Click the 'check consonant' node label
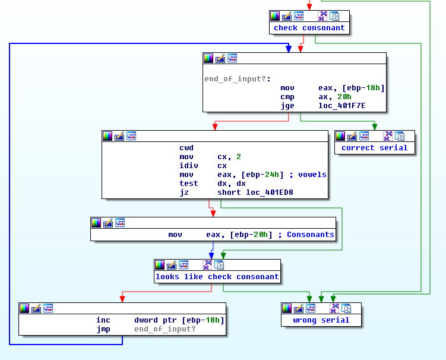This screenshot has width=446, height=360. click(309, 28)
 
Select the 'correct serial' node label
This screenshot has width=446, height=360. click(374, 148)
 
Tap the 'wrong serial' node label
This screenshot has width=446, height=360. click(321, 320)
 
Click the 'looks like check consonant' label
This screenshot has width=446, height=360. click(217, 277)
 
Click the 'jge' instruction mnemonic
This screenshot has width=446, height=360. click(287, 106)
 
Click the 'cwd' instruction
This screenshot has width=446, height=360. click(186, 148)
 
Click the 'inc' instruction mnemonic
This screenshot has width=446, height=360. click(103, 320)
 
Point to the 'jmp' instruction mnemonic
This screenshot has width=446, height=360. click(103, 329)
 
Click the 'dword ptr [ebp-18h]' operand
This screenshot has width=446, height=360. click(179, 320)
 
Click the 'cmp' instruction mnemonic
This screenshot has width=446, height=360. click(287, 97)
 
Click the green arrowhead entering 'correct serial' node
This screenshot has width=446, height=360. click(374, 127)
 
